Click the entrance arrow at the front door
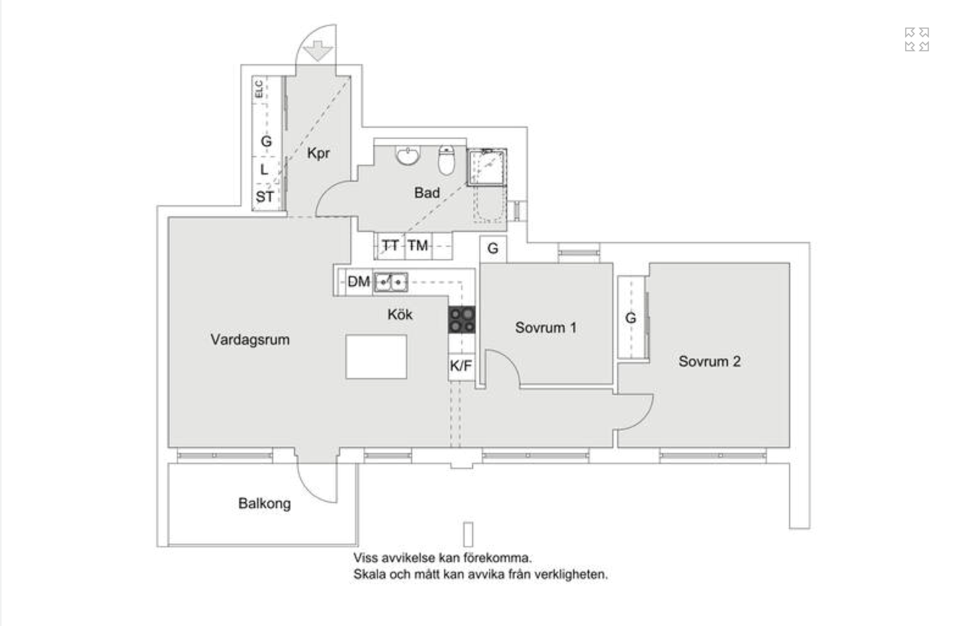tap(318, 50)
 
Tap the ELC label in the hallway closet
tap(259, 89)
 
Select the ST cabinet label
tap(265, 197)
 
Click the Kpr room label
tap(318, 153)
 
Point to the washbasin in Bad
tap(408, 155)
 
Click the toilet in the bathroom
tap(446, 161)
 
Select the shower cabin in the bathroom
tap(487, 167)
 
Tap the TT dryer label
tap(390, 246)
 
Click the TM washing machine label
tap(418, 246)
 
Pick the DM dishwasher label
tap(359, 282)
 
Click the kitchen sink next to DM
tap(391, 282)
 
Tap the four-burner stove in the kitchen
tap(462, 320)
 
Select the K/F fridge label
tap(461, 366)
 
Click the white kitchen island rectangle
tap(376, 356)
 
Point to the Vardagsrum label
tap(250, 340)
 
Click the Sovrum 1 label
tap(546, 327)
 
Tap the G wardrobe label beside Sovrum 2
tap(630, 318)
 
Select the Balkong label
tap(264, 503)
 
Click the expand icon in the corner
tap(917, 39)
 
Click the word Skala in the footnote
tap(368, 574)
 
